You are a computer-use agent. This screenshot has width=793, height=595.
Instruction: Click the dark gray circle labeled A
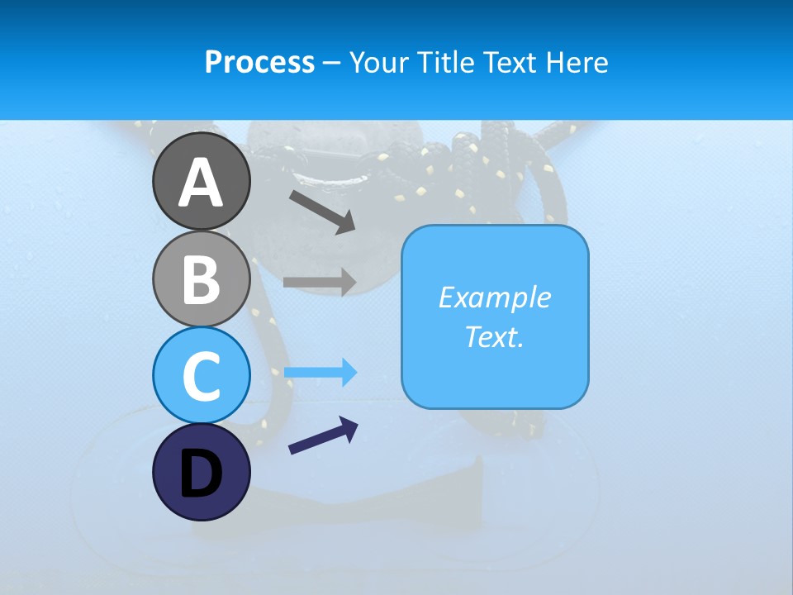(201, 181)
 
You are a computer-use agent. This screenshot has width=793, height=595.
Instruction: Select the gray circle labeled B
(201, 278)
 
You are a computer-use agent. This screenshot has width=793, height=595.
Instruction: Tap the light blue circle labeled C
(201, 375)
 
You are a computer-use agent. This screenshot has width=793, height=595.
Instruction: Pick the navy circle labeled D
(201, 472)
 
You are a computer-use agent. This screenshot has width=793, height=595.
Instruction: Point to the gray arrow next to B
(320, 282)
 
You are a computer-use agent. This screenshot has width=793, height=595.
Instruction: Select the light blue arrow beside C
(320, 373)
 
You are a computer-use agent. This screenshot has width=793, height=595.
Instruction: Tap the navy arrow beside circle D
(323, 435)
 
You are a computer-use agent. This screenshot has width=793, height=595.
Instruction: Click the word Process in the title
(259, 63)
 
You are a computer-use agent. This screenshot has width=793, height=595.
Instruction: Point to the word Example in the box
(495, 297)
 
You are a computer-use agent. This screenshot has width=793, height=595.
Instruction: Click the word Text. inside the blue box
(495, 336)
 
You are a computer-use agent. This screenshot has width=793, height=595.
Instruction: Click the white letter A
(201, 183)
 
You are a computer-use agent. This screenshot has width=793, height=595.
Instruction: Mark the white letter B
(201, 279)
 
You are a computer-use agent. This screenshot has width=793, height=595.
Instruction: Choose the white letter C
(201, 376)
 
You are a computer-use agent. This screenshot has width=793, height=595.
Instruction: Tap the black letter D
(201, 474)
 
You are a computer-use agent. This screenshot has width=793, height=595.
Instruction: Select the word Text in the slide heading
(508, 63)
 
